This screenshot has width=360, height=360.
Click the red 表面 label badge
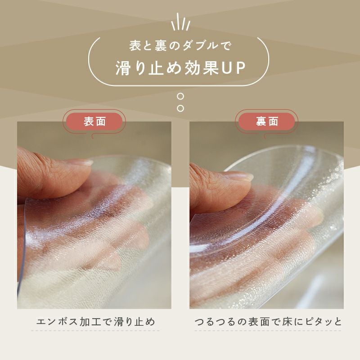pyautogui.click(x=94, y=121)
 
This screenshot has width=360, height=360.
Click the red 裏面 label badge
pyautogui.click(x=266, y=121)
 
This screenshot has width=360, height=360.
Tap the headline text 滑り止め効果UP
pyautogui.click(x=180, y=68)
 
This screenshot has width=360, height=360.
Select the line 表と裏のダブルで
pyautogui.click(x=180, y=45)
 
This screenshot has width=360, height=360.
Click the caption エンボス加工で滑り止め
pyautogui.click(x=95, y=322)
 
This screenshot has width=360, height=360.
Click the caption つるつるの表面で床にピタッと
pyautogui.click(x=268, y=322)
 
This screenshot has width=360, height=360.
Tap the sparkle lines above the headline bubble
pyautogui.click(x=181, y=22)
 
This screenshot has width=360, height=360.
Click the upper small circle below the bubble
pyautogui.click(x=181, y=96)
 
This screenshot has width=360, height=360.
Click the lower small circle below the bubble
pyautogui.click(x=181, y=108)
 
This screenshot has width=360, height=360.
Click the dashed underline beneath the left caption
pyautogui.click(x=95, y=331)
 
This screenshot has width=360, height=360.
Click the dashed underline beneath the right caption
pyautogui.click(x=268, y=331)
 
